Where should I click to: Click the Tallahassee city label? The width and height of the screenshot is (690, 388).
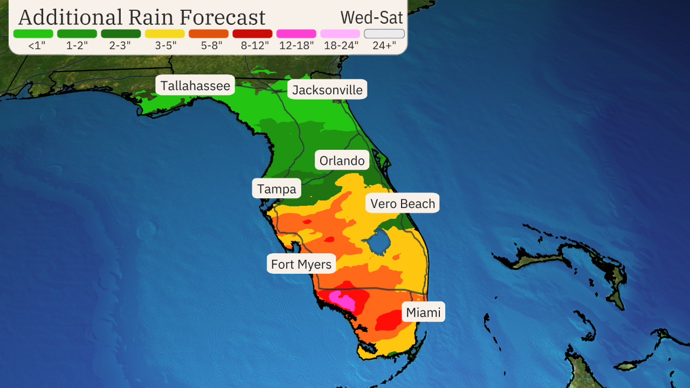(195, 85)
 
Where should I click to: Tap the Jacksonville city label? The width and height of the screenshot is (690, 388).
(327, 89)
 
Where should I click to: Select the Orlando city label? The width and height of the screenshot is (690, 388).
(342, 161)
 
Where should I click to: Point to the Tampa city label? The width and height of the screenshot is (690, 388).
(277, 189)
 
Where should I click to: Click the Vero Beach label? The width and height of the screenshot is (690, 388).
(403, 203)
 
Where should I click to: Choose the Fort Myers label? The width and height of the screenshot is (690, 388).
(301, 264)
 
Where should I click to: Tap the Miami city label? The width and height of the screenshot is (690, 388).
(423, 312)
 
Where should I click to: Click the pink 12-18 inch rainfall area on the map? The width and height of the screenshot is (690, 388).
(343, 300)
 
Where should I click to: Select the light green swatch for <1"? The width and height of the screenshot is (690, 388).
(33, 33)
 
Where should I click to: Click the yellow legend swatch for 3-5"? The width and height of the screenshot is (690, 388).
(164, 33)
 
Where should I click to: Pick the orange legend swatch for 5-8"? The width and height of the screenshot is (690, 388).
(209, 33)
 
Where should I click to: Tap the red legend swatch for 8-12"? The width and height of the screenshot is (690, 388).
(252, 33)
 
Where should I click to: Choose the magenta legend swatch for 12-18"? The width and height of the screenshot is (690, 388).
(296, 33)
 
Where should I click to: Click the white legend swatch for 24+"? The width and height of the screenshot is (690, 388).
(384, 33)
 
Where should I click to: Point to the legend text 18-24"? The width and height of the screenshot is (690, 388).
(341, 45)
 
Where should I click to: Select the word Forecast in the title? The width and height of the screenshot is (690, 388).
(223, 17)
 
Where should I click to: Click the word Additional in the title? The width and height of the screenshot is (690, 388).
(70, 17)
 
